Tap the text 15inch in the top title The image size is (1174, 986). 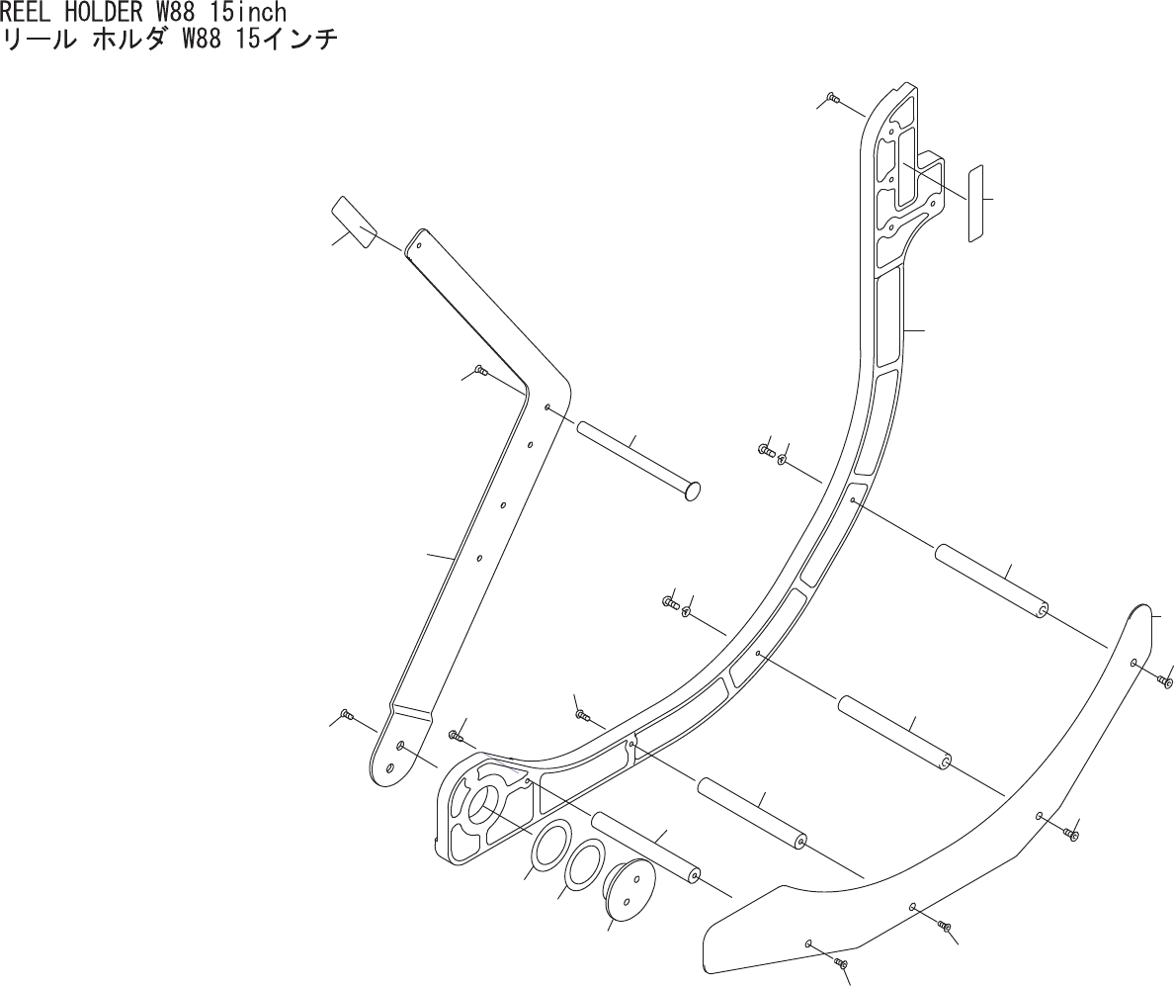click(243, 13)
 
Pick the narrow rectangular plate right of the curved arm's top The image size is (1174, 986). click(975, 204)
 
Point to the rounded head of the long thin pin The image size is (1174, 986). click(693, 490)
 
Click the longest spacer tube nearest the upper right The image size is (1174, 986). click(990, 581)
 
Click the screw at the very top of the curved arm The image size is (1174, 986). click(832, 98)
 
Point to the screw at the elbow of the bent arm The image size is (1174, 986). click(481, 371)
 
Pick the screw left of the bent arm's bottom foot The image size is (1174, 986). click(346, 714)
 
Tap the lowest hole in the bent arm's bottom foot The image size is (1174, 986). click(390, 767)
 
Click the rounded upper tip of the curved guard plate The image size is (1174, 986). click(1144, 610)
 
